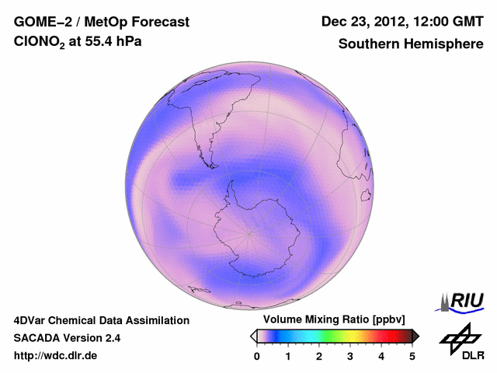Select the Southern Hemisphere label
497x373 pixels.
tap(411, 44)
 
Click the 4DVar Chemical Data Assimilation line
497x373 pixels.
tap(101, 320)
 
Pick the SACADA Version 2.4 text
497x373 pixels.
tap(67, 338)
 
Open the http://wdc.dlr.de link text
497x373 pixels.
tap(56, 356)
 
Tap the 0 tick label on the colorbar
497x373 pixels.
tap(257, 356)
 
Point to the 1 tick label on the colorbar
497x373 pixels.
tap(288, 356)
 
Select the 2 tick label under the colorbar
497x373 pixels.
tap(319, 356)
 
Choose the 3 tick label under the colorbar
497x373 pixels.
tap(350, 356)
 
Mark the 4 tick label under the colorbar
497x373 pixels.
tap(381, 356)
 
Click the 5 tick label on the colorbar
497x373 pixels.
tap(412, 356)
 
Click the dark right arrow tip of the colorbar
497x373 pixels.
tap(415, 336)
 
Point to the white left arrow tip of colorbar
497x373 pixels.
tap(253, 336)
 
